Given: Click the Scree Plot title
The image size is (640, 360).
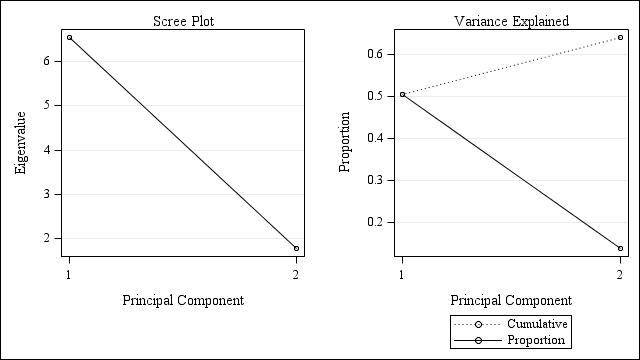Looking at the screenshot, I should pyautogui.click(x=182, y=21).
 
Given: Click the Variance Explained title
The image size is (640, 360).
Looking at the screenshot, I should pyautogui.click(x=511, y=21).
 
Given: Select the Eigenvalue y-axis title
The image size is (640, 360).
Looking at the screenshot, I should pyautogui.click(x=20, y=143).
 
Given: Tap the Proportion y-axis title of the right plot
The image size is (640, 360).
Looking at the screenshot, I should pyautogui.click(x=345, y=143).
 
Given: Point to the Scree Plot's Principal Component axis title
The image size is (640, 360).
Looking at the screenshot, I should pyautogui.click(x=182, y=300).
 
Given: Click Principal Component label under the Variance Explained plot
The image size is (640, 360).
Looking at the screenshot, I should pyautogui.click(x=511, y=300).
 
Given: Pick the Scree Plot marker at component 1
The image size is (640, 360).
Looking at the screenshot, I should pyautogui.click(x=69, y=38).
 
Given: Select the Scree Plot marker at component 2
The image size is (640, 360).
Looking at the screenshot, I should pyautogui.click(x=296, y=248).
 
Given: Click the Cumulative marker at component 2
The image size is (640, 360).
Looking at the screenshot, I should pyautogui.click(x=620, y=38).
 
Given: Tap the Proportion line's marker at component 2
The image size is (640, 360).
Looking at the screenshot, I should pyautogui.click(x=620, y=248).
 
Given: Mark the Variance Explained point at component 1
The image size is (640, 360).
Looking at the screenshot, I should pyautogui.click(x=402, y=95).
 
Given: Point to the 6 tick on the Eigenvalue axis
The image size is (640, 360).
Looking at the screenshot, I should pyautogui.click(x=46, y=61).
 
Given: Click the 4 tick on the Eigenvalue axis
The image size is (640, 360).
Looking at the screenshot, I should pyautogui.click(x=46, y=150).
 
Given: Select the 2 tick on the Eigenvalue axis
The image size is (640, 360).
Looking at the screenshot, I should pyautogui.click(x=46, y=238).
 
